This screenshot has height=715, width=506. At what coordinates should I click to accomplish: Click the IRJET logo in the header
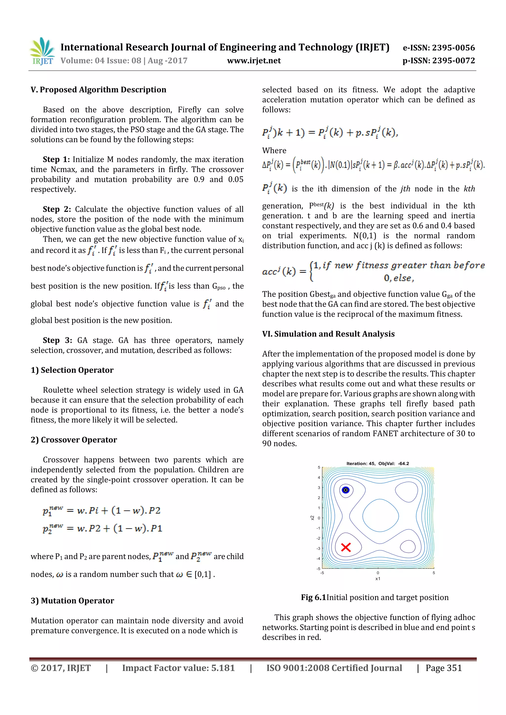point(42,51)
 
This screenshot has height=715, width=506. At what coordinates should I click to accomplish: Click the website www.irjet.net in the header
point(254,61)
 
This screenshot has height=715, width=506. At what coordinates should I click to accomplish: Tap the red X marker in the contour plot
point(346,547)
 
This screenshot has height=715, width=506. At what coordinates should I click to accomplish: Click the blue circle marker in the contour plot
point(345,490)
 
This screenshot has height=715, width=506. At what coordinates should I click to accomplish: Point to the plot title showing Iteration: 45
point(378,463)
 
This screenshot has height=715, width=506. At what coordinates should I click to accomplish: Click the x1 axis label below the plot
point(378,579)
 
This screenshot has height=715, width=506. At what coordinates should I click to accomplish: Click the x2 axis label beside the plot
point(312,518)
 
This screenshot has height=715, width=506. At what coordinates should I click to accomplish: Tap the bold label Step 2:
point(57,209)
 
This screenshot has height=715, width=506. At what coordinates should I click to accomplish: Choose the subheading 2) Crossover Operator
point(74,440)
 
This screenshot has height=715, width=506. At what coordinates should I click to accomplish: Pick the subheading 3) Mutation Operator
point(72,600)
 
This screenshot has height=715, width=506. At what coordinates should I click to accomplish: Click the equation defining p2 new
point(102,528)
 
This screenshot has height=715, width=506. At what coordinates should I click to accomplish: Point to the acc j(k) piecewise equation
point(373,271)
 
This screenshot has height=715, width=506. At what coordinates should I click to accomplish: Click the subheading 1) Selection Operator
point(72,370)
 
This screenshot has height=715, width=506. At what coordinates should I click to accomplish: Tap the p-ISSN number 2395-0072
point(453,61)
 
